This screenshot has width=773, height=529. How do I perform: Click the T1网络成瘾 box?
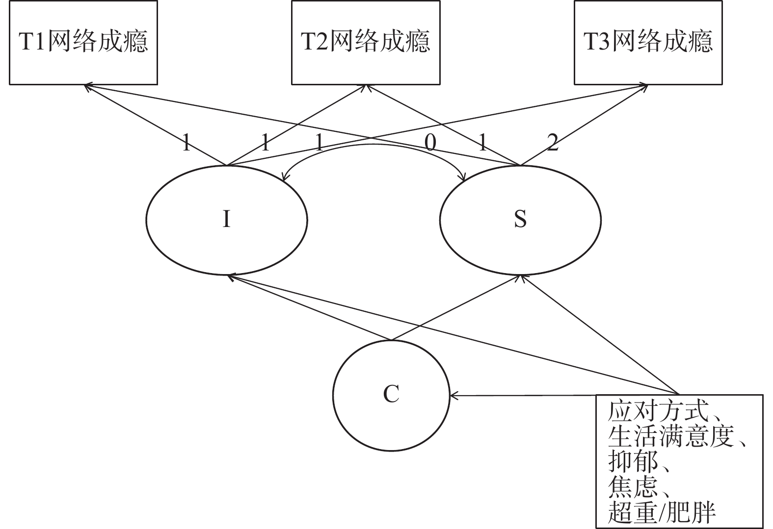pos(83,42)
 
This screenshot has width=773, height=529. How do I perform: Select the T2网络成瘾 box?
pos(366,42)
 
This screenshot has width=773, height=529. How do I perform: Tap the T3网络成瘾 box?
pos(648,42)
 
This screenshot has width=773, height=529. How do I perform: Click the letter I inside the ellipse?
pos(226,219)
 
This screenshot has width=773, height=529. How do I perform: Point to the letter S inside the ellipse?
pos(520,219)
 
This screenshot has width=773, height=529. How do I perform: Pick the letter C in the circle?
pos(391,394)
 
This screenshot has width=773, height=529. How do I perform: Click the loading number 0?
pos(430,143)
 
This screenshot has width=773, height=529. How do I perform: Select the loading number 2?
pos(553,143)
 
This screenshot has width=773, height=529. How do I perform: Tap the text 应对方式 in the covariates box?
pos(658,412)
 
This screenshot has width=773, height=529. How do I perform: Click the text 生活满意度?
pos(670,437)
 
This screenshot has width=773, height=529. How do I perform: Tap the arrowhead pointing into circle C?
pos(453,395)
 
